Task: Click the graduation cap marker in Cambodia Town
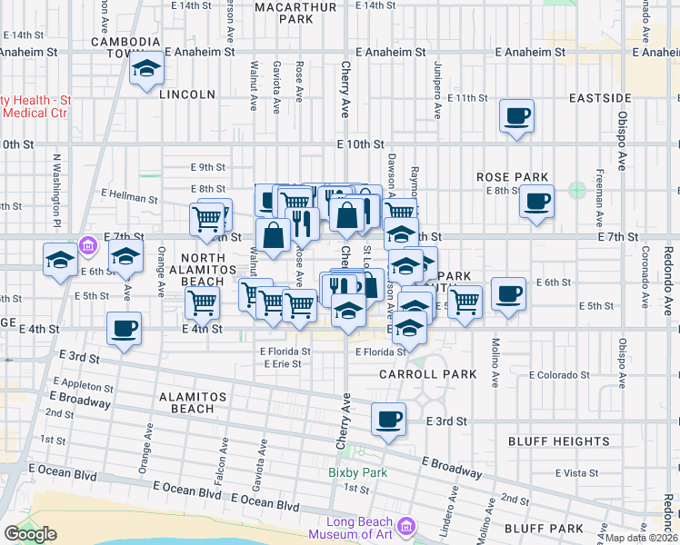(145, 69)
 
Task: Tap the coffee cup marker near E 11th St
(517, 116)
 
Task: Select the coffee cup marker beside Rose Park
(536, 201)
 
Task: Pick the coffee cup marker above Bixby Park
(389, 419)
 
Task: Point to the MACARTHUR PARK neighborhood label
(283, 12)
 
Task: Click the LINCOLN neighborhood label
(186, 94)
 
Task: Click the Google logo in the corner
(30, 534)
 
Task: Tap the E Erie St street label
(282, 363)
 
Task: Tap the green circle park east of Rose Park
(576, 191)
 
